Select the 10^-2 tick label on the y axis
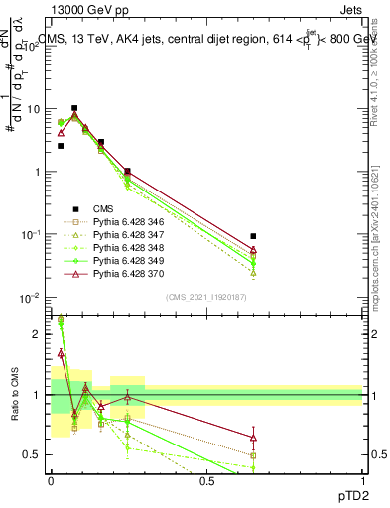[x=32, y=297]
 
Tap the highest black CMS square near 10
[x=74, y=107]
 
